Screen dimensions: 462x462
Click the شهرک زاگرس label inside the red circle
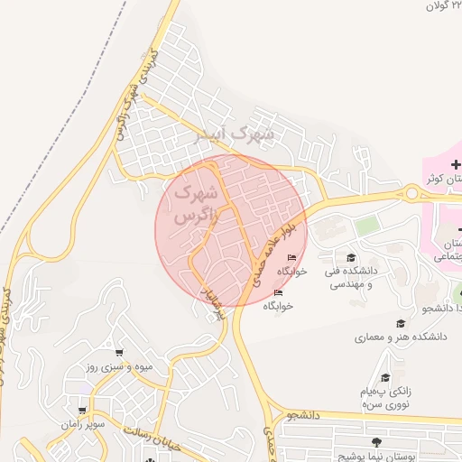point(194,205)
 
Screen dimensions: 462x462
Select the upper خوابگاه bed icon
point(291,258)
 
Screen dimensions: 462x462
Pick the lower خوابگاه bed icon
point(279,293)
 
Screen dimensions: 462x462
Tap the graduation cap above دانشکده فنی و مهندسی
point(351,258)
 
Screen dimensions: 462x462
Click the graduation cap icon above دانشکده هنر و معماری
point(401,323)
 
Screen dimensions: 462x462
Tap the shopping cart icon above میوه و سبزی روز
point(118,353)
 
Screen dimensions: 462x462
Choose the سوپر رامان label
point(84,423)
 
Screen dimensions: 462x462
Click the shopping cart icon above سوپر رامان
point(83,410)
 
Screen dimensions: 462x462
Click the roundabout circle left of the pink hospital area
point(412,191)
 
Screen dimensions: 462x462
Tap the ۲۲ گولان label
point(444,6)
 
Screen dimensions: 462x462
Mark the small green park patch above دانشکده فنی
point(365,226)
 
